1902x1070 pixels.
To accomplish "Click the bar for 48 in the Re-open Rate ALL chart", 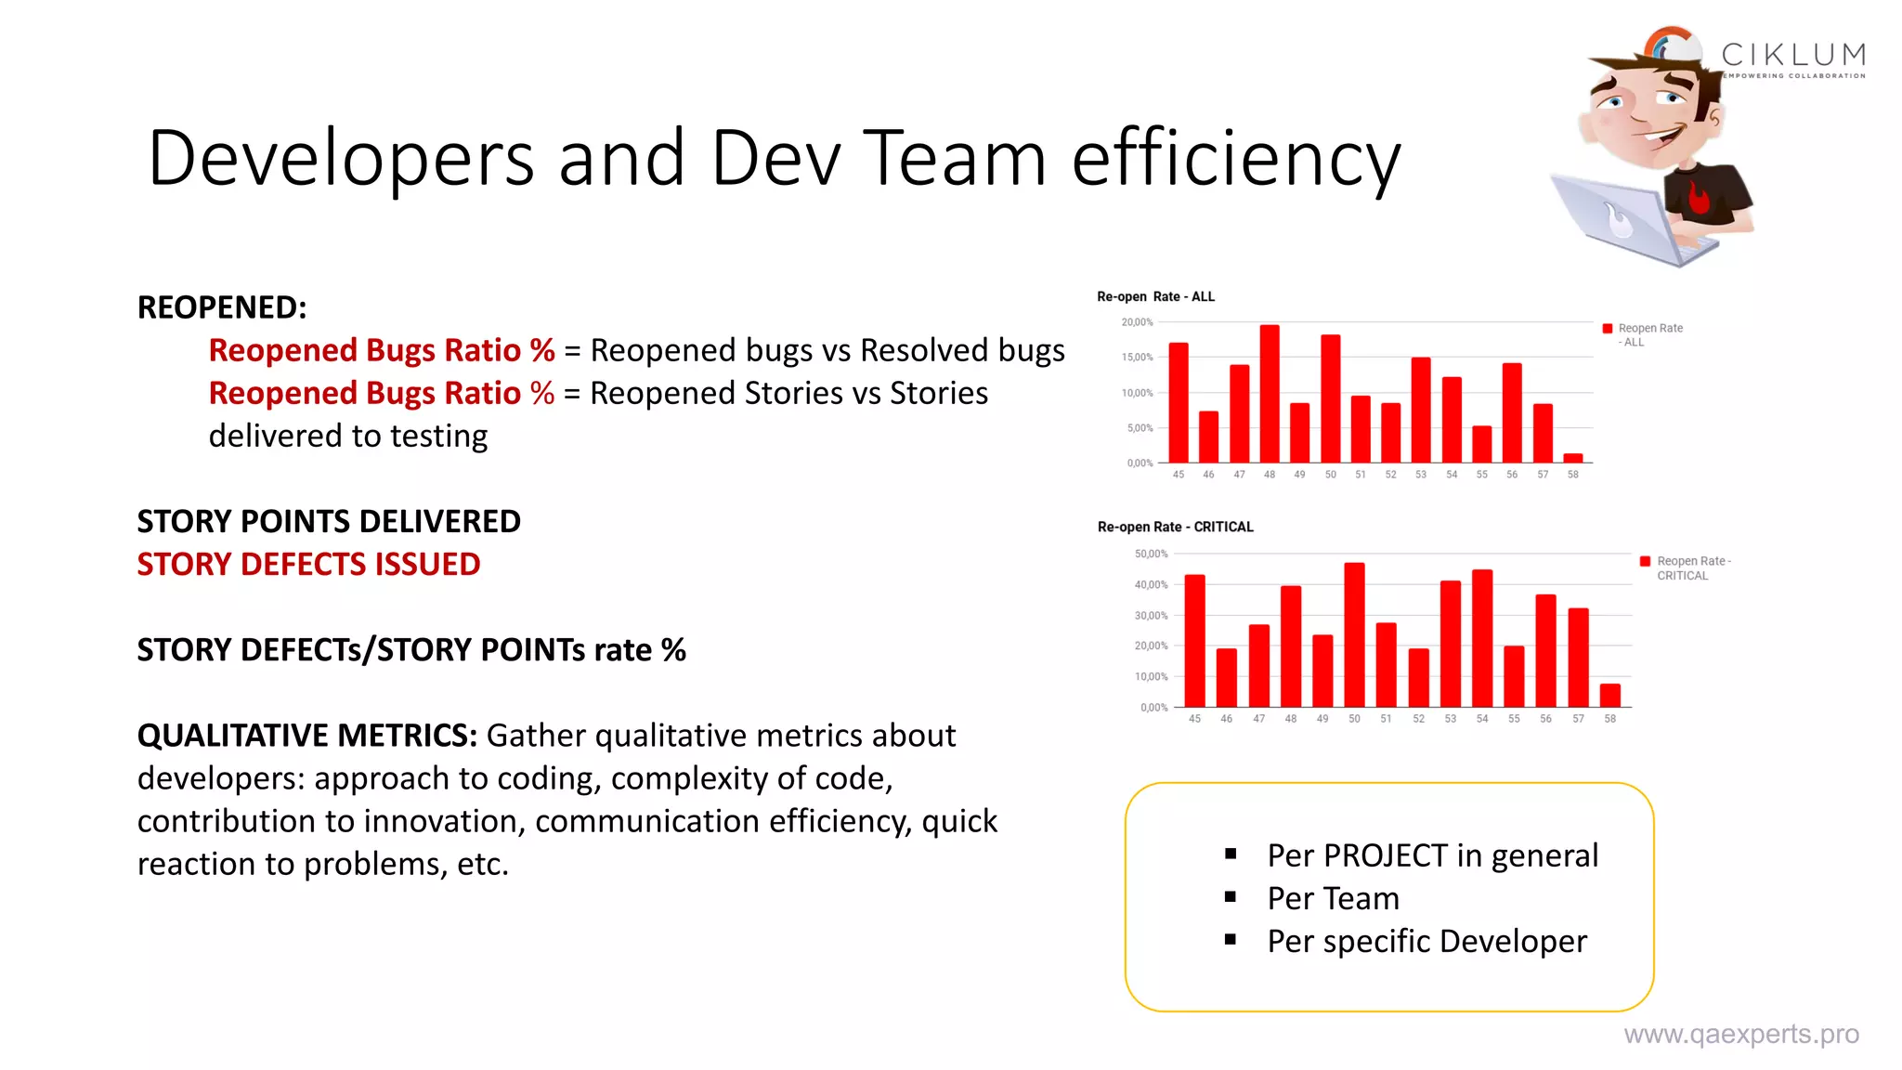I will (x=1270, y=394).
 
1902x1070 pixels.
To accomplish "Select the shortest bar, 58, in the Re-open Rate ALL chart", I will (x=1573, y=458).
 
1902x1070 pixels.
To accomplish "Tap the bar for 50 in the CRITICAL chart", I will (x=1354, y=635).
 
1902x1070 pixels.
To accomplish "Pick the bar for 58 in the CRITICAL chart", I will (x=1610, y=696).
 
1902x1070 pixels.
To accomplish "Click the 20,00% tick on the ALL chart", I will (x=1137, y=322).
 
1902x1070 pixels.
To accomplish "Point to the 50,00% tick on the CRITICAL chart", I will (x=1151, y=554).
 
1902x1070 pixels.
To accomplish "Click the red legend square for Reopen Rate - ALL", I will (x=1608, y=328).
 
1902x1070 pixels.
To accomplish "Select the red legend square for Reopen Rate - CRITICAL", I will (x=1646, y=561).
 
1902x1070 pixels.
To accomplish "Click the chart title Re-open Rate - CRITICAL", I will (x=1175, y=527).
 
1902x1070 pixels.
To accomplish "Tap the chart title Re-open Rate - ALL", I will (x=1155, y=296).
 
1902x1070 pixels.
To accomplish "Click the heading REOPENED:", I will (x=222, y=307).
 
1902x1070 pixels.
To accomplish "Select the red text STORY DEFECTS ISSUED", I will (x=308, y=565).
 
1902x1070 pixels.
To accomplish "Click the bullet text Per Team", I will (x=1333, y=898).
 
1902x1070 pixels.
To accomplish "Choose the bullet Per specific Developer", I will (x=1426, y=941).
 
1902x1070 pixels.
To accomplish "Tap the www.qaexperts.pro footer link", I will (x=1740, y=1034).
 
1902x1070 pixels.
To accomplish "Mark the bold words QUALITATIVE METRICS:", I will (x=307, y=736).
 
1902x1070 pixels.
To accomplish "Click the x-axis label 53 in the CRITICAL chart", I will (x=1451, y=719).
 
